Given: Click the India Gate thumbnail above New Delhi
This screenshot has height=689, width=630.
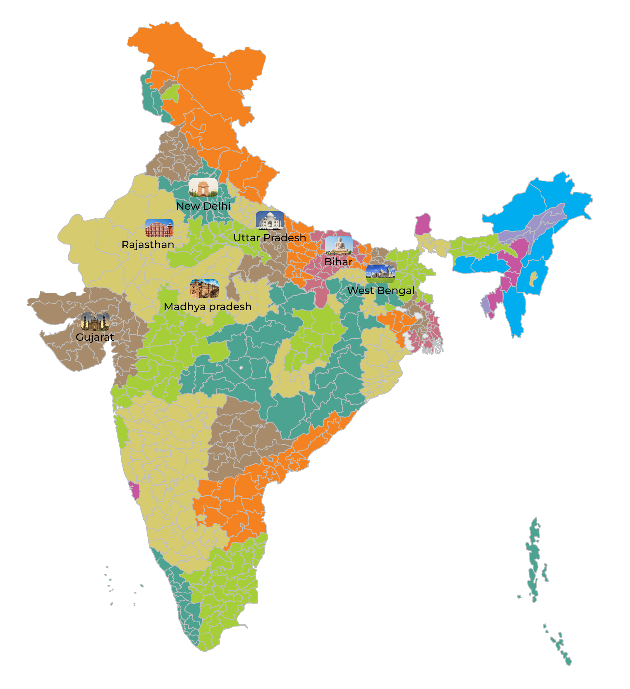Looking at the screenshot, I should pos(203,187).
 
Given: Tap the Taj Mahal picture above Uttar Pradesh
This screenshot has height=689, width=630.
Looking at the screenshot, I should pos(270,220).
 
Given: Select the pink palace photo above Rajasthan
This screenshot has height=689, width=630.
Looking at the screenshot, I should pos(159,228).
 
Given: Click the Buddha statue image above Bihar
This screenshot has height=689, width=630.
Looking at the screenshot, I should pos(339,245).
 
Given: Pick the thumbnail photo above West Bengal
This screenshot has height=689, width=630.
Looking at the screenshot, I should pos(380,274).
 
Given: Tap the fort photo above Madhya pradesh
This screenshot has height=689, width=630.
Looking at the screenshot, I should pos(204,289).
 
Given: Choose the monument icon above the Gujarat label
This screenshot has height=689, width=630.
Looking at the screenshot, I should pos(95,321).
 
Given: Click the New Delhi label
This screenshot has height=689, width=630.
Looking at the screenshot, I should pos(203,206).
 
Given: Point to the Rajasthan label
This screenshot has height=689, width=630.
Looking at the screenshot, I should pos(148,245).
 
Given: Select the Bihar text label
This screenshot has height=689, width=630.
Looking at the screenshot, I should pos(338,262).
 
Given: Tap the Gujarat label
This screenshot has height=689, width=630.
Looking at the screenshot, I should pos(95,337).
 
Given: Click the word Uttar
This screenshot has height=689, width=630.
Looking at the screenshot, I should pos(247,238).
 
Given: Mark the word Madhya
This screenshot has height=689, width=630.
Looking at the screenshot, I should pos(185,307).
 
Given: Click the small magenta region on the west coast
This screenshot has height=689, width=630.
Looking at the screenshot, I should pos(135,491).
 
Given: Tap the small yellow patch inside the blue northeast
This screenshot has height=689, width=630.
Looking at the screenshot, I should pos(534,279).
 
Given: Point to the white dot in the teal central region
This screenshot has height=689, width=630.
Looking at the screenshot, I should pos(241,368).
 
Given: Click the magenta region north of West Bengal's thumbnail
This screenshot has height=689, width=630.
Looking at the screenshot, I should pos(423,224).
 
